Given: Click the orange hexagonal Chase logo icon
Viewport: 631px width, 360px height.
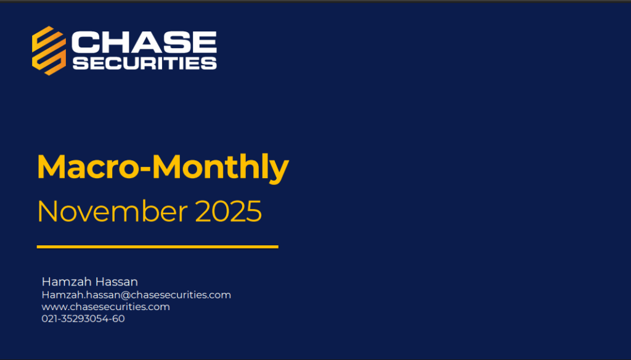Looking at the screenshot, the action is (49, 51).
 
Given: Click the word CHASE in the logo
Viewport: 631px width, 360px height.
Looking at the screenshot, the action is (144, 43).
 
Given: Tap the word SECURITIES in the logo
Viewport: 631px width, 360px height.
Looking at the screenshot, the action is (145, 63).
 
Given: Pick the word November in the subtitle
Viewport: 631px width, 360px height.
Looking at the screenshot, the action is (112, 211).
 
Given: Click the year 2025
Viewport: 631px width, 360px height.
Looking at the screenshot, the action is (229, 211).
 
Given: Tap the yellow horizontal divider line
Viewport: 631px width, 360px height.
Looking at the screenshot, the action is (157, 247).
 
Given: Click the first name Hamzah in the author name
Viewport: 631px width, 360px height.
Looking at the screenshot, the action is (67, 282).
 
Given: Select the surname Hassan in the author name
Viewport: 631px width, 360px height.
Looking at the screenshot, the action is (116, 282).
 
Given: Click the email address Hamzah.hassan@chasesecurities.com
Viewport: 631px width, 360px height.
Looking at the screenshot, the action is (136, 295).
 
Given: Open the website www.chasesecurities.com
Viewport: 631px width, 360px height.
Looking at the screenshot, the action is (105, 307).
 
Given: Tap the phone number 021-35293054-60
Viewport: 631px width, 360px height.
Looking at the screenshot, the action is (83, 319).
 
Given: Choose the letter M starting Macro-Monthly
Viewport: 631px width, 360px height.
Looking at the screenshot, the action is (52, 166).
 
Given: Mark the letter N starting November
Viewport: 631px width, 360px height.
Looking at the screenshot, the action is (47, 211).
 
